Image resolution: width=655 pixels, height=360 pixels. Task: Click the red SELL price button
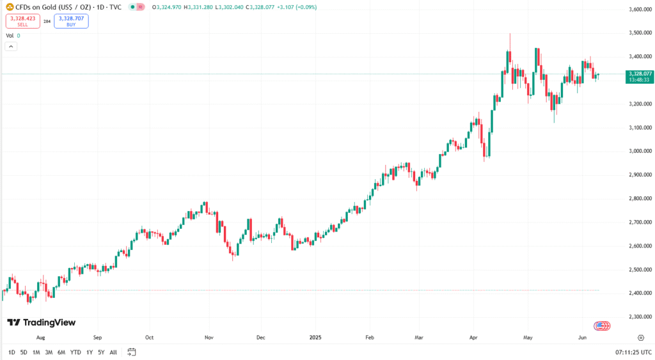pyautogui.click(x=22, y=21)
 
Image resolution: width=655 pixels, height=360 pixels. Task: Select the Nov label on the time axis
pyautogui.click(x=209, y=336)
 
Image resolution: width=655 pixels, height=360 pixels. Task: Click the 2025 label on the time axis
pyautogui.click(x=314, y=336)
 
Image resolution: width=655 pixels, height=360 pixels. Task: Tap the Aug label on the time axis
pyautogui.click(x=40, y=336)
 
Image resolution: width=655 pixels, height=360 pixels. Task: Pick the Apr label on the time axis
pyautogui.click(x=474, y=336)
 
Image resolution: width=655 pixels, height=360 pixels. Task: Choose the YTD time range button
pyautogui.click(x=75, y=352)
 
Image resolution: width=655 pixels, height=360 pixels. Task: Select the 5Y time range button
pyautogui.click(x=101, y=352)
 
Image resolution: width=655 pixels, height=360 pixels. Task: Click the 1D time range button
pyautogui.click(x=12, y=352)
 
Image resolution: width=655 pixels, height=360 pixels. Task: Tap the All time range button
pyautogui.click(x=113, y=352)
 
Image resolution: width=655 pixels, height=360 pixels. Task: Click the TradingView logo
pyautogui.click(x=41, y=323)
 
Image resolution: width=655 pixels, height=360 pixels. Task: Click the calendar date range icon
pyautogui.click(x=132, y=352)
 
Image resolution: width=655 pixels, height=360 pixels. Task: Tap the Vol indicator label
pyautogui.click(x=10, y=36)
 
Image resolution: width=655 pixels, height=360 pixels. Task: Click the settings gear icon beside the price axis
pyautogui.click(x=640, y=336)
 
